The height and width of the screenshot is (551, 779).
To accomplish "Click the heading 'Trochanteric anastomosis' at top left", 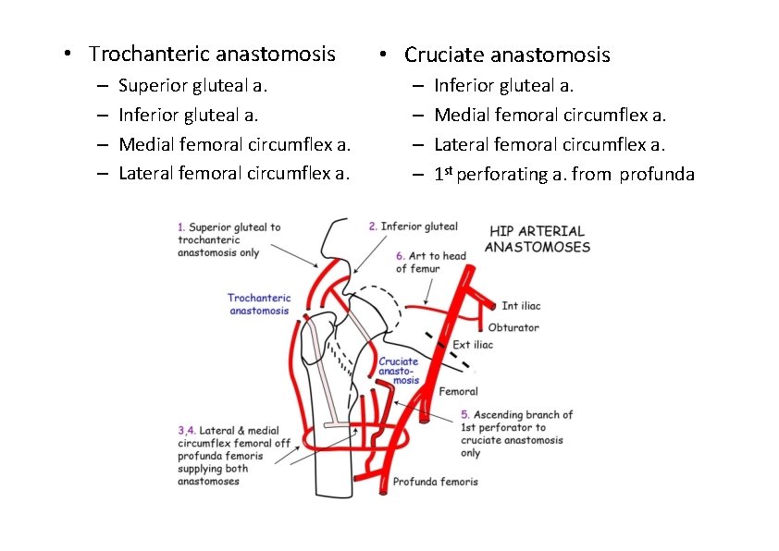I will click(212, 54).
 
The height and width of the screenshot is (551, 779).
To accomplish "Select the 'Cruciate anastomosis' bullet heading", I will click(507, 55).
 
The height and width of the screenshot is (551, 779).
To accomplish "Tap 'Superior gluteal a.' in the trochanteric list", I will click(193, 86).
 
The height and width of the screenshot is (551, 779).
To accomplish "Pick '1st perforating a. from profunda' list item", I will click(563, 175).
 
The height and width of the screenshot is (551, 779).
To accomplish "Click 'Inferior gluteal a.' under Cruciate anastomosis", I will click(503, 86).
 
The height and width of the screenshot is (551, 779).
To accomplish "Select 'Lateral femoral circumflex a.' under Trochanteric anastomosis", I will click(234, 173).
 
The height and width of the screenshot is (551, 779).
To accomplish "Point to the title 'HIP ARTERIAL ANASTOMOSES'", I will click(537, 239).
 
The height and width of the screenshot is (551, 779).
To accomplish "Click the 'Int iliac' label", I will click(521, 306).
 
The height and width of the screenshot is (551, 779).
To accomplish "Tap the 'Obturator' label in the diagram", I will click(513, 327).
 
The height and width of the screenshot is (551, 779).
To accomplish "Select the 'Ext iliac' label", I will click(473, 345).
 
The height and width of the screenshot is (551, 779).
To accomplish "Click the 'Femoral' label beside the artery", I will click(458, 391).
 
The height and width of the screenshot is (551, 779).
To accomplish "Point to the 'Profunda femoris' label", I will click(436, 482).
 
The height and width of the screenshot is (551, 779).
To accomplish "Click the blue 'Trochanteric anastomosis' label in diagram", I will click(259, 304).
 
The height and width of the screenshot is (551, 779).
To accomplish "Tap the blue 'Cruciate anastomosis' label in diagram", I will click(399, 371).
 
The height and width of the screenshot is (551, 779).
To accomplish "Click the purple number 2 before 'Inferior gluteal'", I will click(372, 227).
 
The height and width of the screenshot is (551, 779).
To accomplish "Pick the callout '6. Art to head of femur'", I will click(430, 262).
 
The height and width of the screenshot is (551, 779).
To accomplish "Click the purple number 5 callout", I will click(465, 415).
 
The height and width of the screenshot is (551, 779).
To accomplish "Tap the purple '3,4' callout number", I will click(186, 430).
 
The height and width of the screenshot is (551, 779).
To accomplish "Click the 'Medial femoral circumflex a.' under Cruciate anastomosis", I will click(550, 116).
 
